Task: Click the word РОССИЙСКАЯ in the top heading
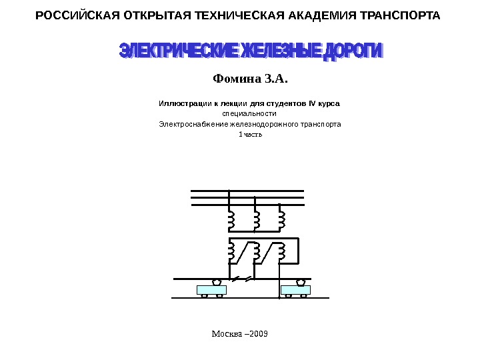(x=67, y=15)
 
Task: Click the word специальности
(x=249, y=114)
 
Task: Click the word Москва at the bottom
(x=225, y=332)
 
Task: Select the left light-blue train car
(x=211, y=290)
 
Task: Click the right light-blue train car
(x=295, y=290)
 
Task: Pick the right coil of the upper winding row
(x=281, y=219)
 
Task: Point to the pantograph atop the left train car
(x=216, y=282)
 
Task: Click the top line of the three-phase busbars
(x=247, y=190)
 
